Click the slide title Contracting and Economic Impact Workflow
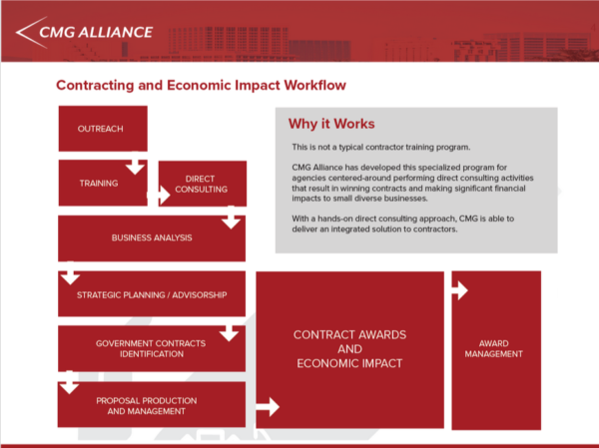coord(201,86)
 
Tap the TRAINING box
coord(98,184)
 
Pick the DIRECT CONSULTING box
coord(207,184)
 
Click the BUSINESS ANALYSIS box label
coord(152,237)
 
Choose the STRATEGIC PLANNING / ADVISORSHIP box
coord(152,295)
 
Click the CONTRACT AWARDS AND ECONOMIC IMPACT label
coord(348,348)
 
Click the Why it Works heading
coord(331,124)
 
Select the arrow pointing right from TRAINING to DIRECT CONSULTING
coord(159,197)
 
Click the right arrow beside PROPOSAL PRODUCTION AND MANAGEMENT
coord(268,406)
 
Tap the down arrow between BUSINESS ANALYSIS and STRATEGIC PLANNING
coord(69,274)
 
